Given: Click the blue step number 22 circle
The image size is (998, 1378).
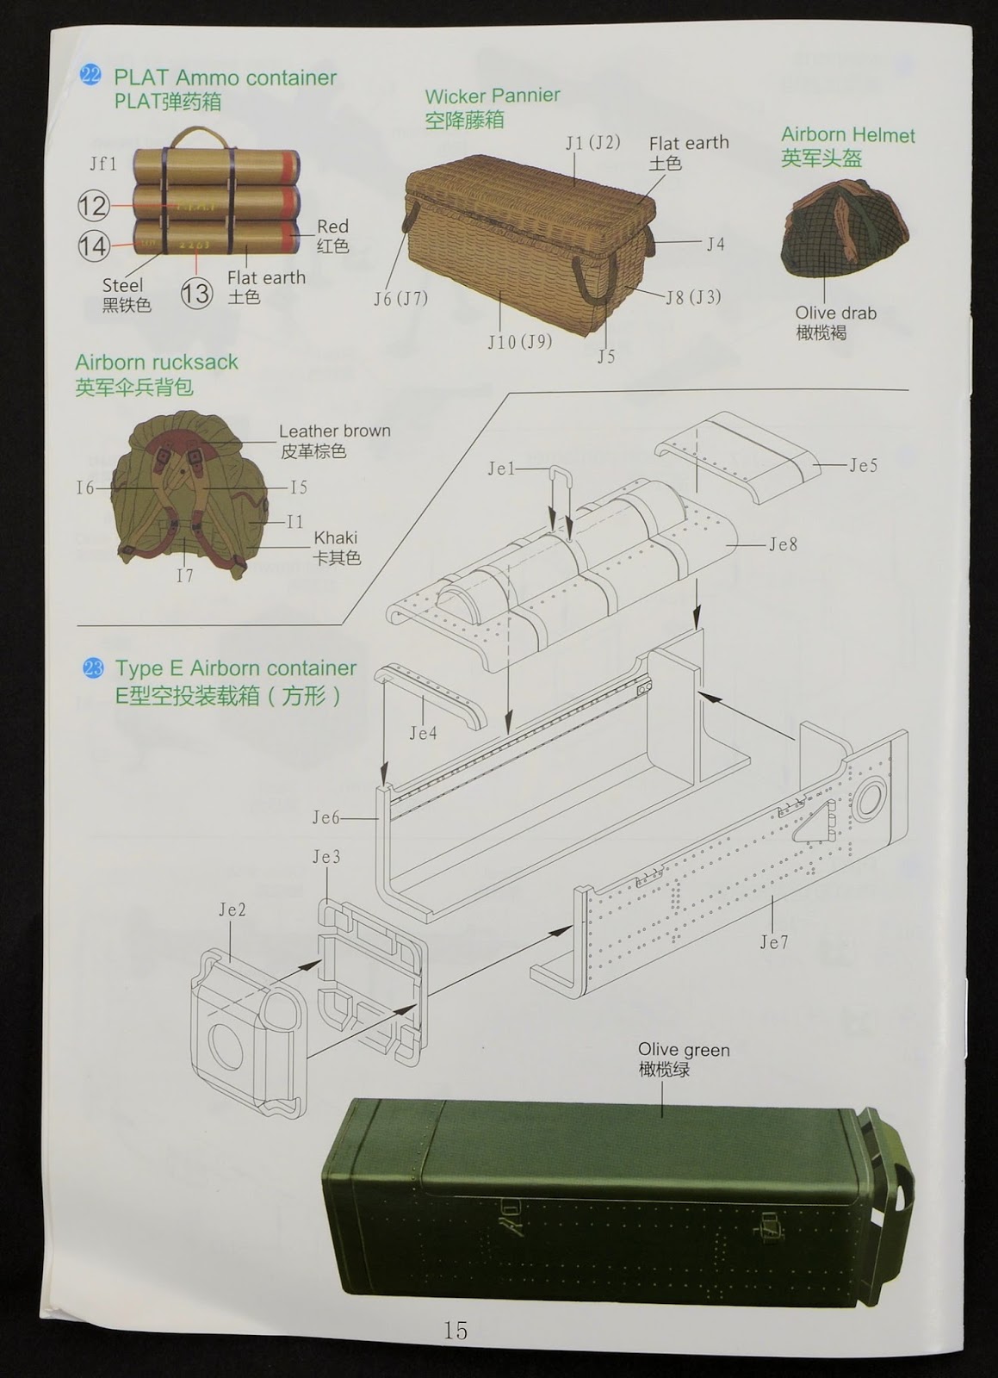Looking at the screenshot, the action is (x=90, y=76).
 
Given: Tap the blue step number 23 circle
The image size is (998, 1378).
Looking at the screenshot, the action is (x=93, y=668).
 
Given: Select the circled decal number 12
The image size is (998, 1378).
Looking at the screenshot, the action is (x=94, y=206).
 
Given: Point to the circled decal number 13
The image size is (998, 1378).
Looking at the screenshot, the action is (x=197, y=293).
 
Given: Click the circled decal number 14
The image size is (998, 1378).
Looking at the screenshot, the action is (x=94, y=246).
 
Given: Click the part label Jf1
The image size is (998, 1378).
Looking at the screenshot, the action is (x=103, y=164).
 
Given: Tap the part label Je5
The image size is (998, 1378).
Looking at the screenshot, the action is (x=864, y=466).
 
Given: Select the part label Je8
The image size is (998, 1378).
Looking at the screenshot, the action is (x=783, y=544).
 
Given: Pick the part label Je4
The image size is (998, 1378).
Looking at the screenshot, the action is (x=423, y=733).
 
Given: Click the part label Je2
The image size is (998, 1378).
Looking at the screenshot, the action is (x=232, y=909).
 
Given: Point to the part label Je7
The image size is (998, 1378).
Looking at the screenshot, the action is (x=773, y=942).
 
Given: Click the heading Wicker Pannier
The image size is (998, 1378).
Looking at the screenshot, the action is (x=493, y=96).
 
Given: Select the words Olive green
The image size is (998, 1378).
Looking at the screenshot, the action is (x=684, y=1050).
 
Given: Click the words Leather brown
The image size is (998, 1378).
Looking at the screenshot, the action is (x=335, y=431).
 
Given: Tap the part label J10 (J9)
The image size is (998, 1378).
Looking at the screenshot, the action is (x=520, y=342).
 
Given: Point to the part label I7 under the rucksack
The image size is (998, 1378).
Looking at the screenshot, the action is (x=185, y=576).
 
